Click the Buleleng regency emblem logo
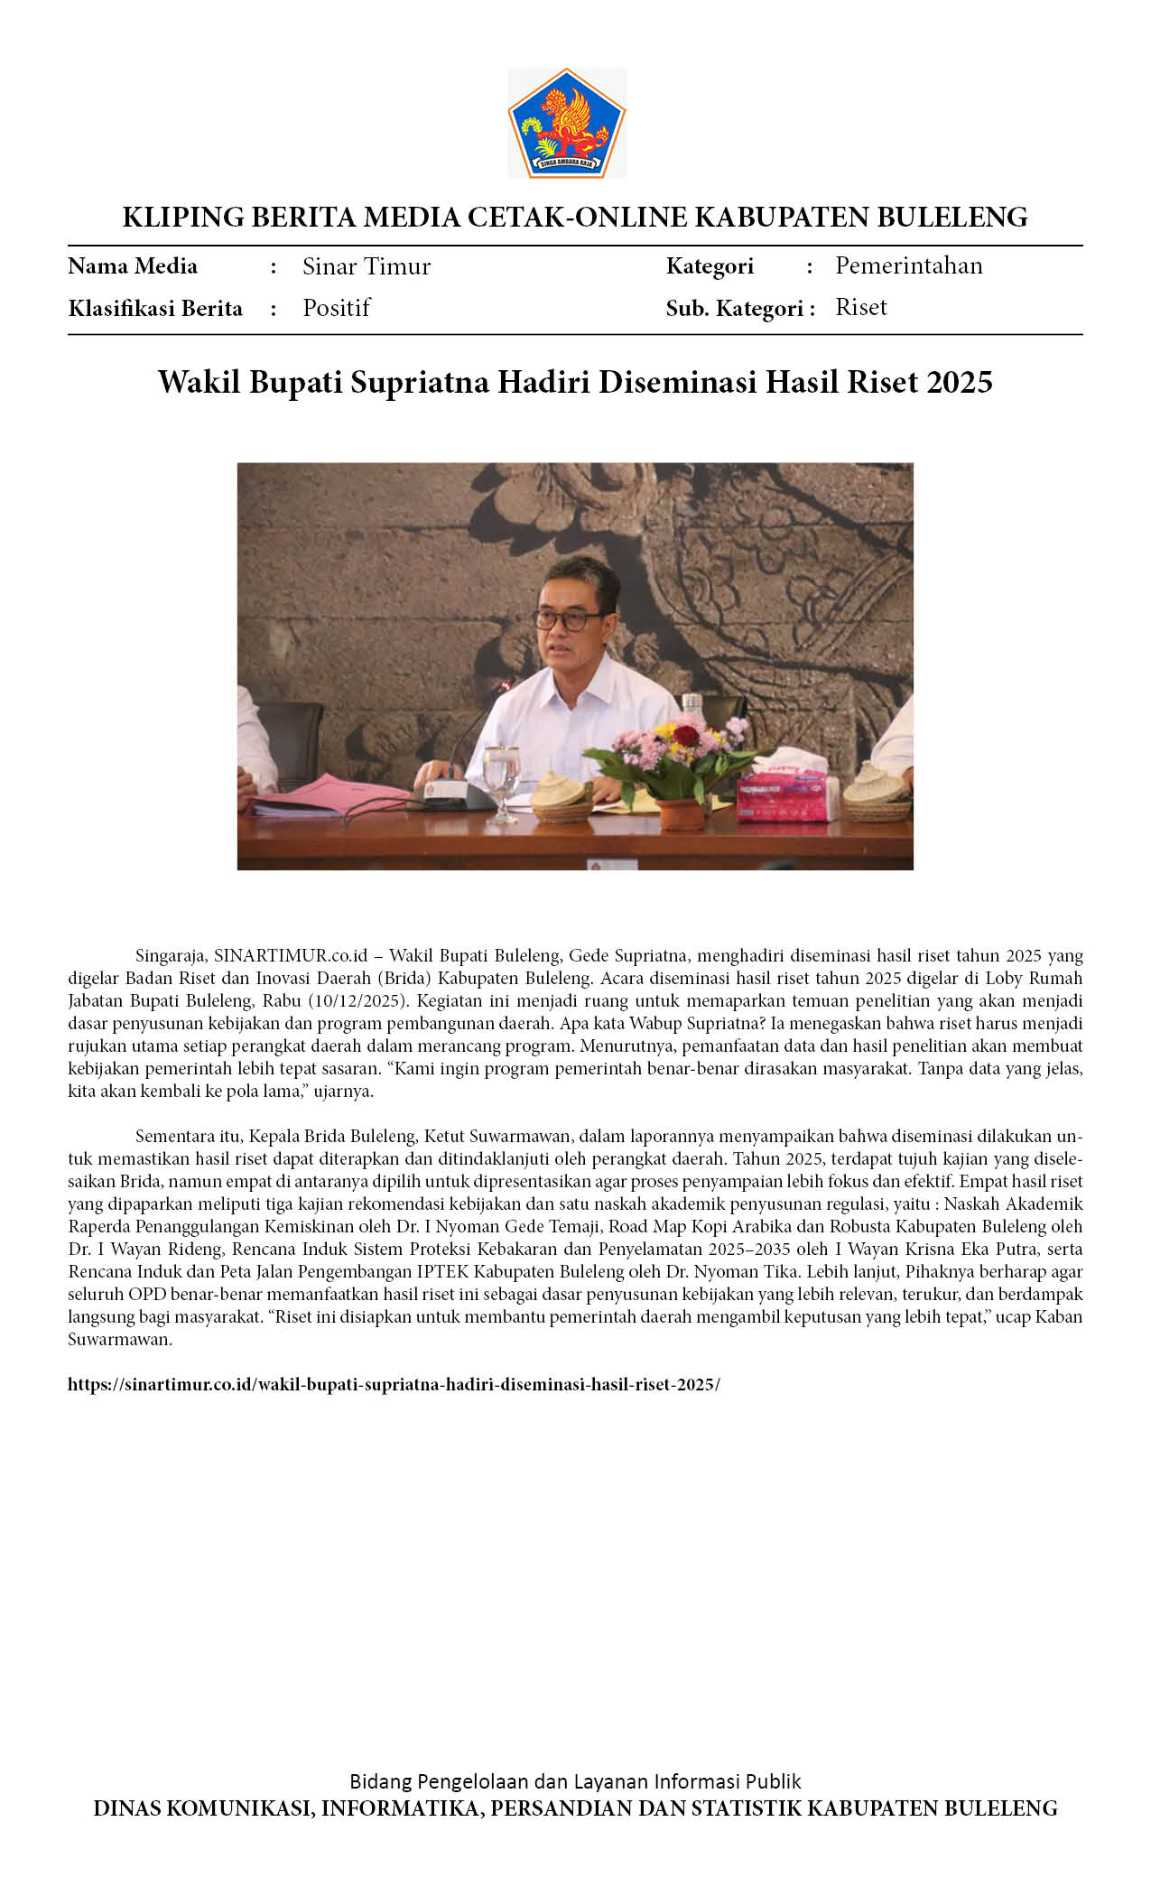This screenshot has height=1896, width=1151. [x=566, y=123]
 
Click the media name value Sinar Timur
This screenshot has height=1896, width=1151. [x=366, y=266]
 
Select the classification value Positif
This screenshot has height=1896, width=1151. [x=336, y=308]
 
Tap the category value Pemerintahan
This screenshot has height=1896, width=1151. [x=908, y=265]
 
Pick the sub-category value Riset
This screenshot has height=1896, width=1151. [x=860, y=308]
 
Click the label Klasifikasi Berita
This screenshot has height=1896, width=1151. [x=155, y=309]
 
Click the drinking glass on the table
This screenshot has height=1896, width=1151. [x=501, y=778]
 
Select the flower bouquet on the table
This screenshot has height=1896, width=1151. [x=677, y=754]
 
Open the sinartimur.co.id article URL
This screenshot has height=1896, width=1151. [x=394, y=1384]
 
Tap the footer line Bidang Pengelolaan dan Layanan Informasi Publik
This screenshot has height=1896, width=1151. [x=575, y=1780]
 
